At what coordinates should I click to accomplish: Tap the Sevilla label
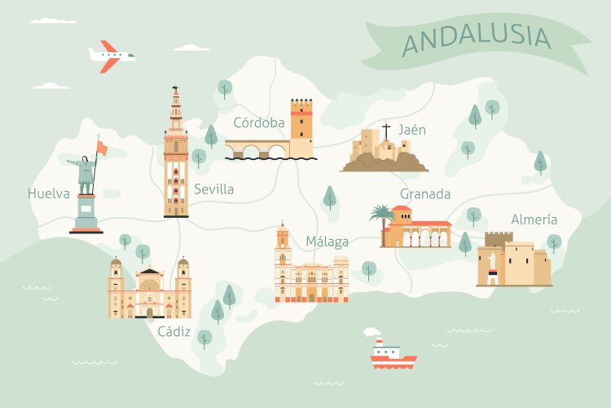213,189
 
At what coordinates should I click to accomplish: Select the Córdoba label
258,123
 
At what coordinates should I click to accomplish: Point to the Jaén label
412,130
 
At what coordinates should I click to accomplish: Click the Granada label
424,194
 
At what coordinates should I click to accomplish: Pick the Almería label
534,219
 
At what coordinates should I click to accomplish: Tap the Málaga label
327,242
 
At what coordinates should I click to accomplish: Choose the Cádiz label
174,331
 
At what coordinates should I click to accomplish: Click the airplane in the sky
111,55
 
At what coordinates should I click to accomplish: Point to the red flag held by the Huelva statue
102,147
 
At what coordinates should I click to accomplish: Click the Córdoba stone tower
301,126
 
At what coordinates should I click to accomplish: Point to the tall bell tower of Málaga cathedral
282,245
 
